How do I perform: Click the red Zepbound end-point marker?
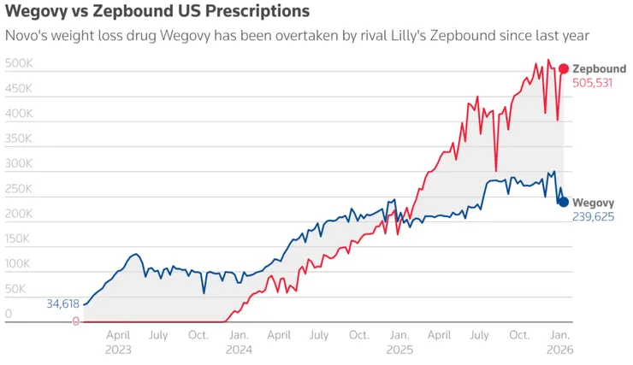[564, 68]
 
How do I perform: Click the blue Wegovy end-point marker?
[564, 202]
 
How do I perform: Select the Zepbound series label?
[599, 68]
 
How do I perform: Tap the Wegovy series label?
[593, 202]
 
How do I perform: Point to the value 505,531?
[592, 83]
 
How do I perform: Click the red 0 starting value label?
[75, 321]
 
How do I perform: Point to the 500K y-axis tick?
[19, 64]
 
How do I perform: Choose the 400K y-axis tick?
[19, 115]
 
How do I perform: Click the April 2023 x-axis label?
[118, 342]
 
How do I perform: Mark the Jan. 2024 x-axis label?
[240, 342]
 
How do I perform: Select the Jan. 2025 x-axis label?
[399, 342]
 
